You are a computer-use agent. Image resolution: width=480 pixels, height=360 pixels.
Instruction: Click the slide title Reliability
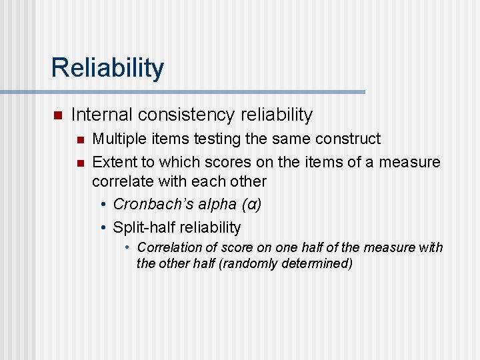(x=107, y=68)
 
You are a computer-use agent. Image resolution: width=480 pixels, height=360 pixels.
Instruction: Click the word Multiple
(x=115, y=139)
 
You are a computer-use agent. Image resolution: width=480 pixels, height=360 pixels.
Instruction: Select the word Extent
(x=111, y=162)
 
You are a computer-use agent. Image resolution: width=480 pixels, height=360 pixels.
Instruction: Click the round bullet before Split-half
(x=104, y=228)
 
